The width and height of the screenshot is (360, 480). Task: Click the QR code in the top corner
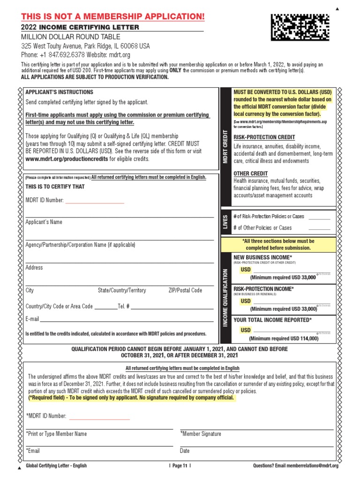pos(300,27)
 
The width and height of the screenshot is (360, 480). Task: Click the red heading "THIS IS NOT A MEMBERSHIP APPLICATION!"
pos(113,17)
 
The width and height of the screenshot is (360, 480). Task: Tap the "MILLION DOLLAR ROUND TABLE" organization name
pos(71,37)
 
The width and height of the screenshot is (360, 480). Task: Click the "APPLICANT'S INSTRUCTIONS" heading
pos(59,92)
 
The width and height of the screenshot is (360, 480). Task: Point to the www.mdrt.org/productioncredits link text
pos(67,159)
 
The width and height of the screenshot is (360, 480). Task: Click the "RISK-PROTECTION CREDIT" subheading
pos(264,137)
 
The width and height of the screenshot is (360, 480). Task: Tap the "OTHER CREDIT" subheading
pos(250,173)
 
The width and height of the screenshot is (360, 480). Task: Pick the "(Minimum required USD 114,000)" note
pos(284,338)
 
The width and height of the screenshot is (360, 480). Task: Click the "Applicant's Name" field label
pos(44,222)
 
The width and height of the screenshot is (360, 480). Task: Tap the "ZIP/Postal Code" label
pos(185,290)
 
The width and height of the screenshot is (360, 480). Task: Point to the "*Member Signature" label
pos(201,434)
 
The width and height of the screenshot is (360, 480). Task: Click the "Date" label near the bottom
pos(185,451)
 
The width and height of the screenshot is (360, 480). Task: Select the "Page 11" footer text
pos(180,465)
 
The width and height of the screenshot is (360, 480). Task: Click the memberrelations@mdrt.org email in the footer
pos(309,465)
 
